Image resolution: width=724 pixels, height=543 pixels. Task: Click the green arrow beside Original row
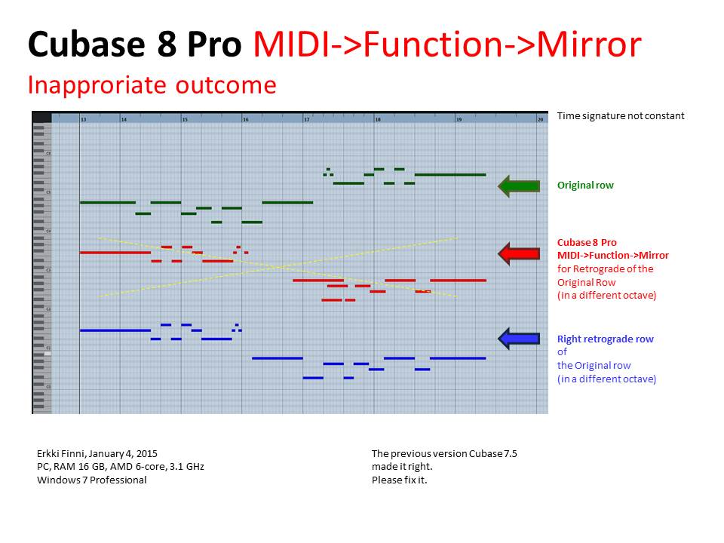(x=519, y=186)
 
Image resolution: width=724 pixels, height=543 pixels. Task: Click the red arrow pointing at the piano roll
(x=519, y=254)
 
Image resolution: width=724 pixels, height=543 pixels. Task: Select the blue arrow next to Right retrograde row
(x=519, y=339)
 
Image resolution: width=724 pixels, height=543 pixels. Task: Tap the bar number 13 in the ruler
(x=83, y=119)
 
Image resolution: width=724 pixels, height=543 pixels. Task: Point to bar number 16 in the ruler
(x=245, y=119)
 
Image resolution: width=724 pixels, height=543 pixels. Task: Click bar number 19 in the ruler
(x=459, y=119)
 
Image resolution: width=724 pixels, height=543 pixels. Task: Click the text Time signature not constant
(x=621, y=116)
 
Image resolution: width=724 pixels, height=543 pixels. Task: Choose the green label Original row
(x=585, y=185)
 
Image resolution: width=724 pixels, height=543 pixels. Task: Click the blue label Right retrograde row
(x=605, y=339)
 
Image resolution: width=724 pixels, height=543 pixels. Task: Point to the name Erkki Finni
(x=62, y=453)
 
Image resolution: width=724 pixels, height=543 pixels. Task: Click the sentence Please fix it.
(x=400, y=480)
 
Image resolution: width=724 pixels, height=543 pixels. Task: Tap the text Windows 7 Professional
(x=92, y=480)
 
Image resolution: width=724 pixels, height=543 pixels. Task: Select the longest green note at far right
(x=450, y=175)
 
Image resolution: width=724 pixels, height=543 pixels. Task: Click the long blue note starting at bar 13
(x=115, y=330)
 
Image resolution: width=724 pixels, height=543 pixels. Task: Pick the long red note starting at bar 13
(x=115, y=252)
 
